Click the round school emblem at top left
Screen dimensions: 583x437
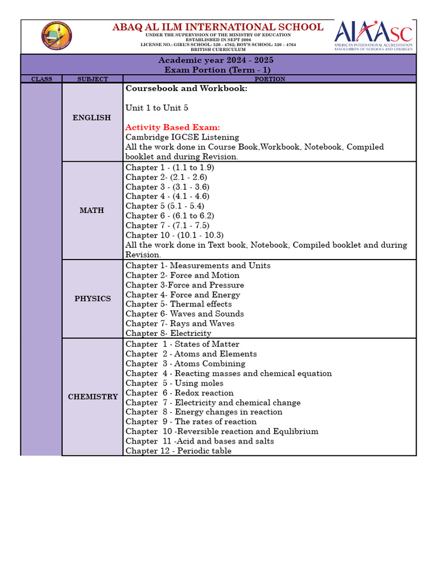click(56, 36)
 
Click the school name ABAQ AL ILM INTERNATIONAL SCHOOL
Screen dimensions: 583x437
click(218, 27)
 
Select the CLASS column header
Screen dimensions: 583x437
click(42, 79)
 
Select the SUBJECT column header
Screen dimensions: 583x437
click(92, 79)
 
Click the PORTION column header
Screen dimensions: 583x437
click(270, 79)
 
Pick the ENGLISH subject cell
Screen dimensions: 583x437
click(92, 117)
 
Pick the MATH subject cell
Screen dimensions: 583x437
click(92, 210)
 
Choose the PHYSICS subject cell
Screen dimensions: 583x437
click(92, 298)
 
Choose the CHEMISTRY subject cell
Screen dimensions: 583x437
click(93, 396)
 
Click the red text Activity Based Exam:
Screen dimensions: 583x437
click(172, 127)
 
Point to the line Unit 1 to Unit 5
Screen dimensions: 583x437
click(157, 108)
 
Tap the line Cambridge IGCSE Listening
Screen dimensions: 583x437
click(182, 137)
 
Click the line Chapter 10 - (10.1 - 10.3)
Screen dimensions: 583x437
click(175, 235)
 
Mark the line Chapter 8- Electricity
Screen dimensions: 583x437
click(168, 333)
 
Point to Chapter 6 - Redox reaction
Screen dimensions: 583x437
click(179, 393)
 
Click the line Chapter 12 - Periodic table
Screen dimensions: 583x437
click(178, 451)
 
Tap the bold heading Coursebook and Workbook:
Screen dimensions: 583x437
click(186, 89)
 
